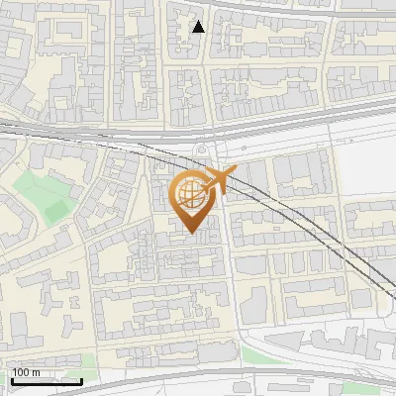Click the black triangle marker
coord(198,27)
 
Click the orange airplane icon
coord(220,180)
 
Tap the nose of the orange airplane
coord(237,172)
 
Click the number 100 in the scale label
coord(21,372)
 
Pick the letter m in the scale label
coord(36,372)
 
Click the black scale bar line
coord(47,381)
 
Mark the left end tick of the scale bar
coord(12,379)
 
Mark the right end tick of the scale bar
coord(81,379)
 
